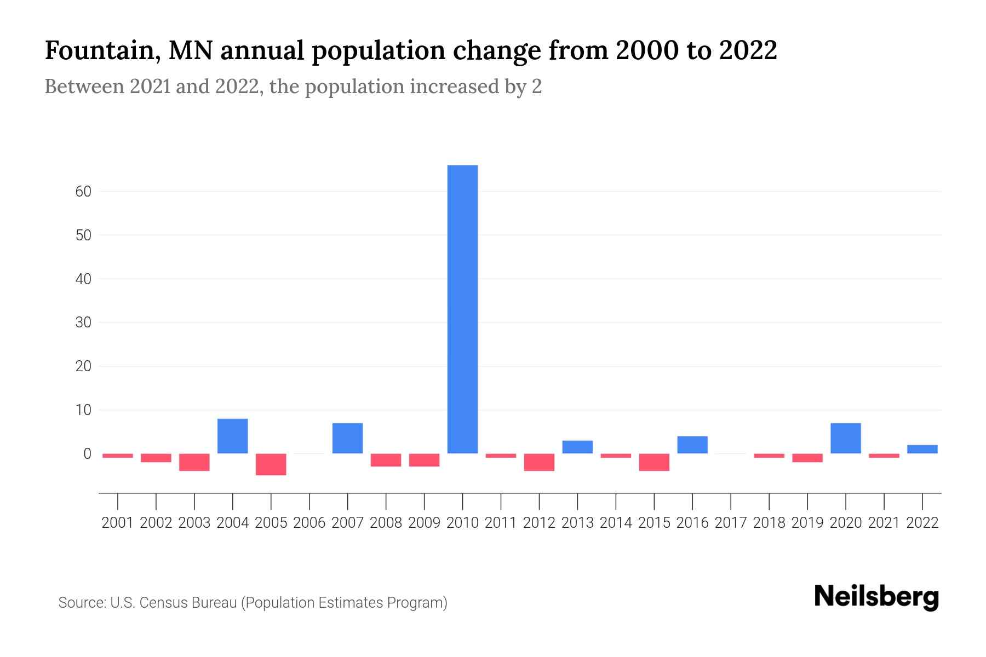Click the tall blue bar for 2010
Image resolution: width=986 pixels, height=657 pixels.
click(462, 309)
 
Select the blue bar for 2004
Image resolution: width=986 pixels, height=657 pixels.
click(233, 436)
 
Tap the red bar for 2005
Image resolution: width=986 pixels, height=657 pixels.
click(271, 464)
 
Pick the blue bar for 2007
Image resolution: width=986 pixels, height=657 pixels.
click(347, 438)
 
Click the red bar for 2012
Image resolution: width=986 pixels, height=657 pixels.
click(539, 462)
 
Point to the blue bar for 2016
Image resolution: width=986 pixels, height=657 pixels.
click(692, 445)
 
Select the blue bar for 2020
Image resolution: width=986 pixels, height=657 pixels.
click(846, 438)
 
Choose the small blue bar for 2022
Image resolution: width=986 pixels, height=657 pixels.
click(922, 449)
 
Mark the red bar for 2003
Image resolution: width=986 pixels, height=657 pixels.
click(194, 462)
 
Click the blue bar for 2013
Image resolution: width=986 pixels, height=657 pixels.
click(577, 447)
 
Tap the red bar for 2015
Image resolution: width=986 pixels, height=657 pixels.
click(654, 462)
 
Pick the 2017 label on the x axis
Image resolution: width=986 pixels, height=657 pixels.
click(731, 523)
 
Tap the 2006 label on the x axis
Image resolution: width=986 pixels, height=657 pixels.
click(309, 523)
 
